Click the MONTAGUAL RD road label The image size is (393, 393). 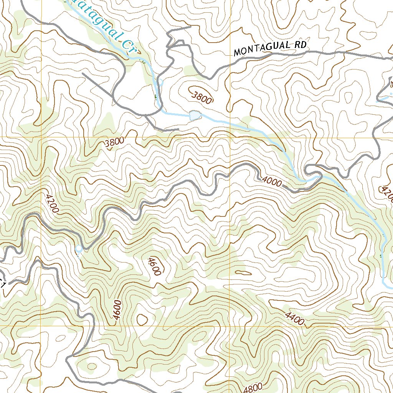click(270, 48)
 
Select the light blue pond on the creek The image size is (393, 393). click(195, 114)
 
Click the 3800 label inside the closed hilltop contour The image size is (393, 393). click(201, 96)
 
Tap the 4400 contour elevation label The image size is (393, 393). click(294, 318)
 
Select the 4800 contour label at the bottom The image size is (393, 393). click(253, 388)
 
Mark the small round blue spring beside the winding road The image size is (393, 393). click(79, 249)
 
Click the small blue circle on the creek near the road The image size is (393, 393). click(161, 82)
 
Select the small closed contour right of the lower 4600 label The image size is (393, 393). click(142, 319)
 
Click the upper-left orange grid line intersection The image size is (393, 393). click(41, 137)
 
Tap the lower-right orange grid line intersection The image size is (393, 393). click(229, 326)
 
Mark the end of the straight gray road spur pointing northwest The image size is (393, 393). click(83, 73)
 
